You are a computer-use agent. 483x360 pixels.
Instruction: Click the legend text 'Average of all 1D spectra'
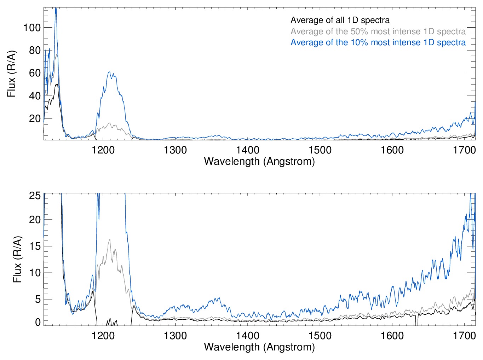click(340, 20)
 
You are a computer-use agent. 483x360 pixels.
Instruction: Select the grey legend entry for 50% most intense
click(378, 31)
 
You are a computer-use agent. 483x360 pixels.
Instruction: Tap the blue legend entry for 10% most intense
click(378, 42)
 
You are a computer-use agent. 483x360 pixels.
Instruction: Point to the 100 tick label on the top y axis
click(32, 28)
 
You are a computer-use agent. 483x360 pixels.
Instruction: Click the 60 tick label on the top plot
click(35, 73)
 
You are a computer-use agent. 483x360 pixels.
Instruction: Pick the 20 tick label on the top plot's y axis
click(35, 118)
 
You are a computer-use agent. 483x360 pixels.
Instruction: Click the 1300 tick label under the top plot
click(175, 150)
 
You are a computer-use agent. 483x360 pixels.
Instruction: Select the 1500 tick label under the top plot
click(320, 150)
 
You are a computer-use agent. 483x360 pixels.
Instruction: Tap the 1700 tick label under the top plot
click(464, 150)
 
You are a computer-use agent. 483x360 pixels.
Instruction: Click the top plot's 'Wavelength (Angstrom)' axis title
click(259, 162)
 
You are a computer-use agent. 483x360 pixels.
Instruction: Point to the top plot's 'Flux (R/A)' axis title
click(12, 74)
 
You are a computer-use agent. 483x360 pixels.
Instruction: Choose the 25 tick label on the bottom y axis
click(35, 196)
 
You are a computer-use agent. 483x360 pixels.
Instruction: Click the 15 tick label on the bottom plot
click(35, 246)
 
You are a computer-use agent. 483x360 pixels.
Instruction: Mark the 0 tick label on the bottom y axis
click(38, 322)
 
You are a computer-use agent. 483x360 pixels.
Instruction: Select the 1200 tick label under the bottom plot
click(103, 335)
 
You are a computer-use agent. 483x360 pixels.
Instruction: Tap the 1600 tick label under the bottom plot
click(392, 335)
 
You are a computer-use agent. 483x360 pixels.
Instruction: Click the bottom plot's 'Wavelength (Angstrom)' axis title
click(259, 347)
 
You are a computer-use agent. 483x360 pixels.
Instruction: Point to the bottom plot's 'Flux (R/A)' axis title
click(17, 259)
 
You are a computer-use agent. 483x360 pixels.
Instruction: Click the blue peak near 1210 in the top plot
click(109, 72)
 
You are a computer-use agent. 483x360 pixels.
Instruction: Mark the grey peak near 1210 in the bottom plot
click(110, 239)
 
